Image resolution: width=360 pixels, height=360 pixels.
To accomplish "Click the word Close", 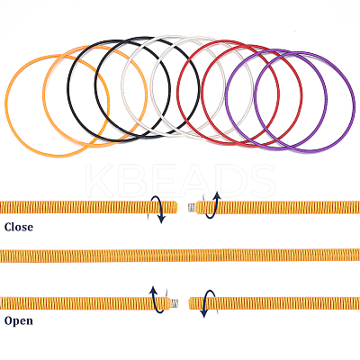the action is [x=19, y=227].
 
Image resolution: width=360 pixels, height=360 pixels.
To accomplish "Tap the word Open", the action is [x=19, y=320].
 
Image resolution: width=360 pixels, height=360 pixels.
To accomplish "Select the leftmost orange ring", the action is [x=5, y=105].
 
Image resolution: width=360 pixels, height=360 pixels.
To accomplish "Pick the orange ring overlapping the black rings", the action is [x=43, y=96].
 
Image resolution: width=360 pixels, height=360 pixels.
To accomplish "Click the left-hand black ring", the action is [x=67, y=90].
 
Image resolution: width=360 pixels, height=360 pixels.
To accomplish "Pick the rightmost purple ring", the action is [x=355, y=102].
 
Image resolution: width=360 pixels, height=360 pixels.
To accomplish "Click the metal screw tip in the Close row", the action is [x=192, y=208].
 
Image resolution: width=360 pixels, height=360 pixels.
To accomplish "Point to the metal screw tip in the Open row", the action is [x=175, y=303].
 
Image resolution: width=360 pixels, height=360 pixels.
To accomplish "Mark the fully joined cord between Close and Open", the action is [x=180, y=256].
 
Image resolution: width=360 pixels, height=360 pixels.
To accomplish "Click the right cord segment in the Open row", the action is [x=274, y=303].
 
